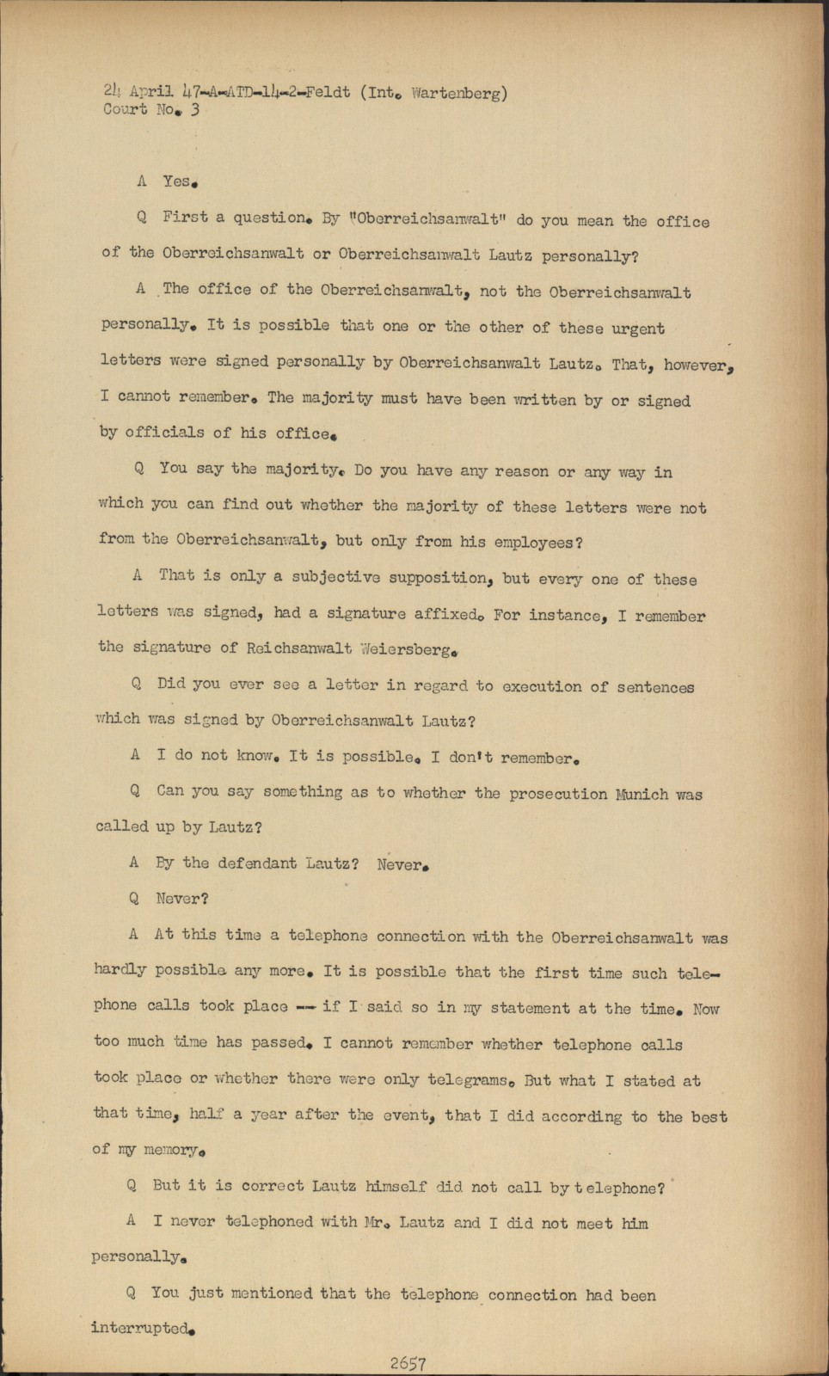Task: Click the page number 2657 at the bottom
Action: pyautogui.click(x=408, y=1363)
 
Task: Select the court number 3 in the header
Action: pyautogui.click(x=195, y=109)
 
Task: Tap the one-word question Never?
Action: pyautogui.click(x=182, y=899)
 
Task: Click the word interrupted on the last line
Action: pyautogui.click(x=140, y=1328)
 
